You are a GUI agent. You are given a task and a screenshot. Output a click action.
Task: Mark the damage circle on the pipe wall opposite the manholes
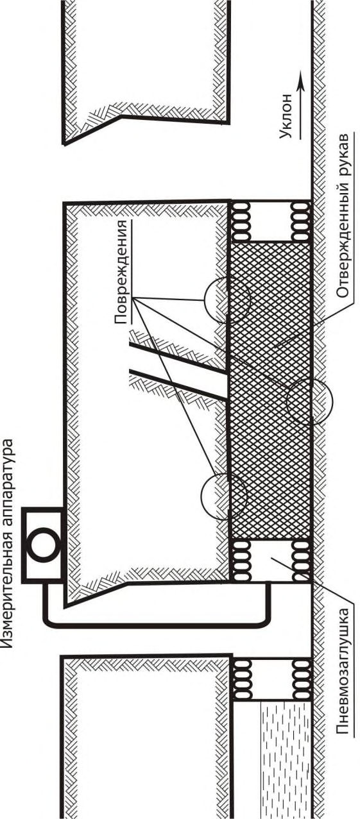(309, 401)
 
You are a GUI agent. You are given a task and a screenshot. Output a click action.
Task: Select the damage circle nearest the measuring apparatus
(224, 496)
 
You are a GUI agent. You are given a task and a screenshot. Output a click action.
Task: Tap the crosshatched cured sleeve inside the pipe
(271, 390)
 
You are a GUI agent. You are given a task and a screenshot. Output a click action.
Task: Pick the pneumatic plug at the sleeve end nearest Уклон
(270, 221)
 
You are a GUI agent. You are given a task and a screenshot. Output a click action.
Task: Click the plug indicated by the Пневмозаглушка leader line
(270, 559)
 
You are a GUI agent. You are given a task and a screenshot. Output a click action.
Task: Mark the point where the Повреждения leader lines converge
(135, 299)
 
